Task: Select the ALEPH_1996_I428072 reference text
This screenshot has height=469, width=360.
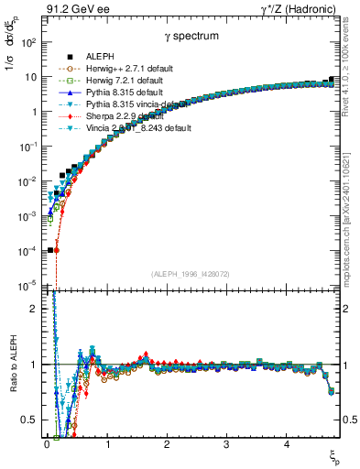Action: pos(191,275)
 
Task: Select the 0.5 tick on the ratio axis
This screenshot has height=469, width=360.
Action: pos(30,420)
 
